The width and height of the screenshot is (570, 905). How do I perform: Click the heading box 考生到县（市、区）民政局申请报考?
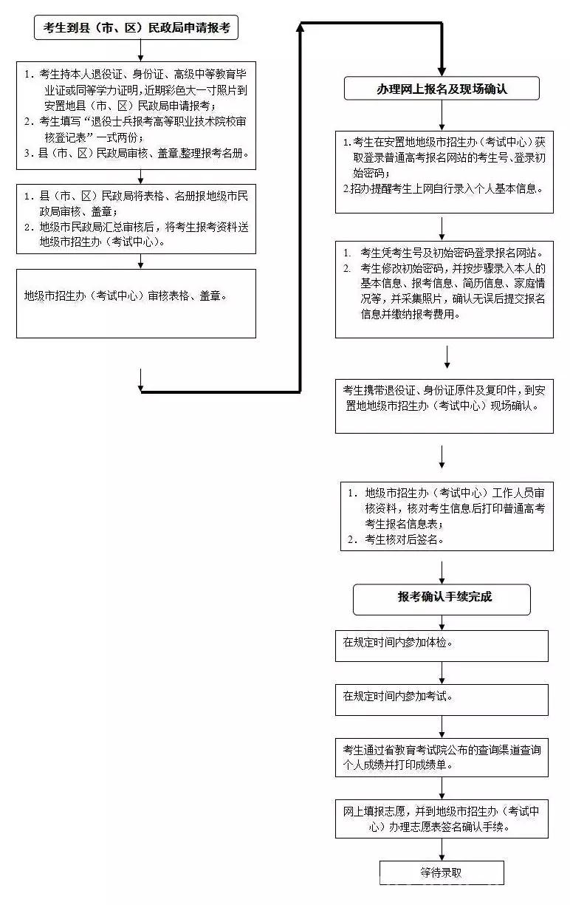tap(136, 27)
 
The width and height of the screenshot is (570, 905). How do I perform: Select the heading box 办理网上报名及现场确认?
tap(442, 88)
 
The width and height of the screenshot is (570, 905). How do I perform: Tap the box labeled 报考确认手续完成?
tap(442, 600)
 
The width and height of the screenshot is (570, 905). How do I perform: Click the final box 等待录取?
tap(442, 872)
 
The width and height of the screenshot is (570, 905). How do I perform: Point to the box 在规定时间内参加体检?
tap(442, 646)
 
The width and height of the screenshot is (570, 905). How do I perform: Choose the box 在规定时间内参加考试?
tap(442, 700)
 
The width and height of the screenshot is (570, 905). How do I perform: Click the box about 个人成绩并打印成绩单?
tap(442, 757)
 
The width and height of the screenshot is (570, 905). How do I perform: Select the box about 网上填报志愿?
tap(442, 819)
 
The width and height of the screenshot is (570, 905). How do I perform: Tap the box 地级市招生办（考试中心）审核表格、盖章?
tap(136, 304)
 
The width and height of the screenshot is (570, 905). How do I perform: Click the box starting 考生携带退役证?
tap(444, 406)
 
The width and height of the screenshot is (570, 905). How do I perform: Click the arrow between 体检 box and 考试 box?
tap(442, 673)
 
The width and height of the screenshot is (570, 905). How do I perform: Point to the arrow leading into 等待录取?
tap(442, 850)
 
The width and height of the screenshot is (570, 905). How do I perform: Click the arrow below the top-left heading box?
tap(140, 50)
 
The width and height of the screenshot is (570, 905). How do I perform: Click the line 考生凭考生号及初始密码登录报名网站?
tap(451, 253)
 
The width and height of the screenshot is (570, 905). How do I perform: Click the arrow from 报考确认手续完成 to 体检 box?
tap(442, 623)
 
